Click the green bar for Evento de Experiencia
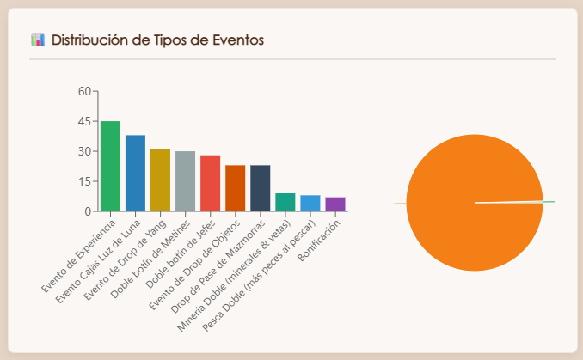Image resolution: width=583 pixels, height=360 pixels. (110, 166)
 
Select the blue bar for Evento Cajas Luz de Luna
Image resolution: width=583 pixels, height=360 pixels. (135, 173)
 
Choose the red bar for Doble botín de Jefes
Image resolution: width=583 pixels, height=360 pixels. (210, 183)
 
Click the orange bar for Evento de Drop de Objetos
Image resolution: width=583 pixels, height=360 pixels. (235, 188)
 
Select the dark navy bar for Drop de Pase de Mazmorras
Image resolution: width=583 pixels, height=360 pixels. (260, 188)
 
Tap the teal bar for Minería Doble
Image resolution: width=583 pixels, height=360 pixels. (285, 202)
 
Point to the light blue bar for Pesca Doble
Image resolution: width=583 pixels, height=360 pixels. (310, 204)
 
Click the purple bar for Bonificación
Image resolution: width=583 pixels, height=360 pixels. (334, 204)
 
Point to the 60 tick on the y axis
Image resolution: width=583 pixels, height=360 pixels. (83, 91)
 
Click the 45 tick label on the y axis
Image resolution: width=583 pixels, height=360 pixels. (83, 121)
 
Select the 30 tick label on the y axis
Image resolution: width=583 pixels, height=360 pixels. (83, 151)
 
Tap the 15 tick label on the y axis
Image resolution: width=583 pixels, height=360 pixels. (83, 181)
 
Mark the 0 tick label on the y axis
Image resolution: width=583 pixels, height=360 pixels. (87, 211)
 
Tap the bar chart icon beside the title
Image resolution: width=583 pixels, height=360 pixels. (37, 40)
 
